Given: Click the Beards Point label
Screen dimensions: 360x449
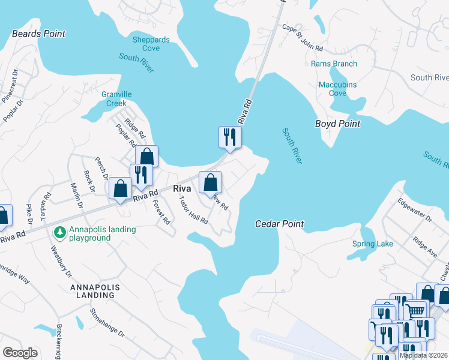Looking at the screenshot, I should coord(38,34).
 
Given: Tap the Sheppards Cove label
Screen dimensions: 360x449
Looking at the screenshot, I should coord(150,44).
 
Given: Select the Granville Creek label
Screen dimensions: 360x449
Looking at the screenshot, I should coord(116,98).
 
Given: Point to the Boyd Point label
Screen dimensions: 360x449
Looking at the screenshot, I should coord(338,124).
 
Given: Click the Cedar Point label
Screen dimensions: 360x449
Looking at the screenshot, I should coord(280,224).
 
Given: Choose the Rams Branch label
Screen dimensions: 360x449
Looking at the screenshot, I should coord(334,64).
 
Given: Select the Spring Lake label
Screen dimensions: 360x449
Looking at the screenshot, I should coord(373,244).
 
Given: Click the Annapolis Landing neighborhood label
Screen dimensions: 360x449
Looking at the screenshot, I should coord(95,292).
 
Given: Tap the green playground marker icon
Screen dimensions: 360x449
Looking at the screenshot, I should coord(59,232).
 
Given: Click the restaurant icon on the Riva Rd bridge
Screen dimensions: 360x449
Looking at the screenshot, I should coord(229,137).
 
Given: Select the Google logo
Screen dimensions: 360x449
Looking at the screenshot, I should coord(20,353).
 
